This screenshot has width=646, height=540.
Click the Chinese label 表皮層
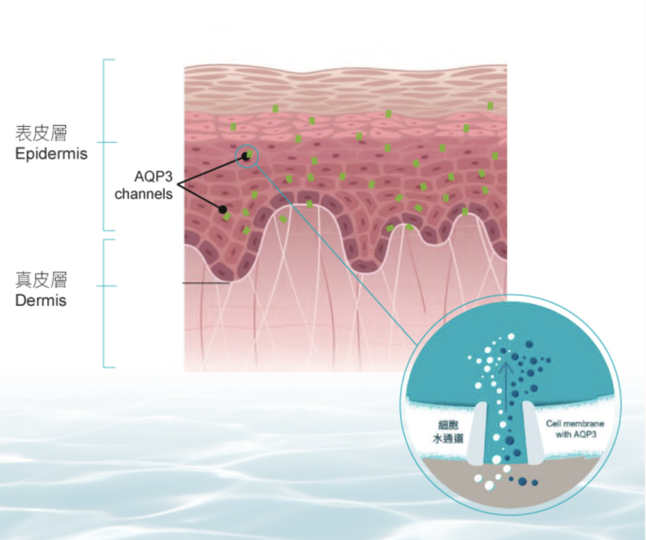tap(42, 133)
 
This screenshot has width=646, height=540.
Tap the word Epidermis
tap(51, 153)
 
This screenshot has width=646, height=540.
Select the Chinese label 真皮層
tap(42, 280)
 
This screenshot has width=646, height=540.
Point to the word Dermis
tap(41, 300)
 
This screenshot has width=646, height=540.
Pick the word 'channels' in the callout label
tap(144, 194)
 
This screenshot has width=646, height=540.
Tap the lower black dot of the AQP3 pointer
tap(222, 209)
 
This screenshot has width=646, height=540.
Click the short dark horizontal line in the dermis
tap(206, 284)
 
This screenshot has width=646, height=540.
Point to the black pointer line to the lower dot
tap(201, 196)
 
